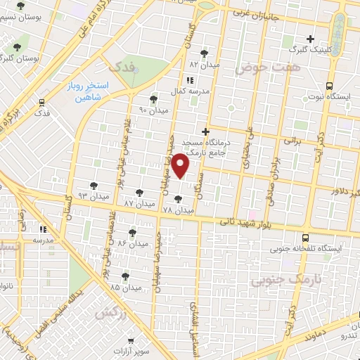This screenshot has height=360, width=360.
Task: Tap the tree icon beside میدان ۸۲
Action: [204, 53]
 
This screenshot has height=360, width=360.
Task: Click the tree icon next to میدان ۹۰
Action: [153, 99]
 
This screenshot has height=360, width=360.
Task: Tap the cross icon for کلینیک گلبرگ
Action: [309, 39]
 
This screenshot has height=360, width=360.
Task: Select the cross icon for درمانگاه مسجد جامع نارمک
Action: [205, 131]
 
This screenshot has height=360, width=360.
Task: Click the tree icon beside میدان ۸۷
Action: [139, 191]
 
